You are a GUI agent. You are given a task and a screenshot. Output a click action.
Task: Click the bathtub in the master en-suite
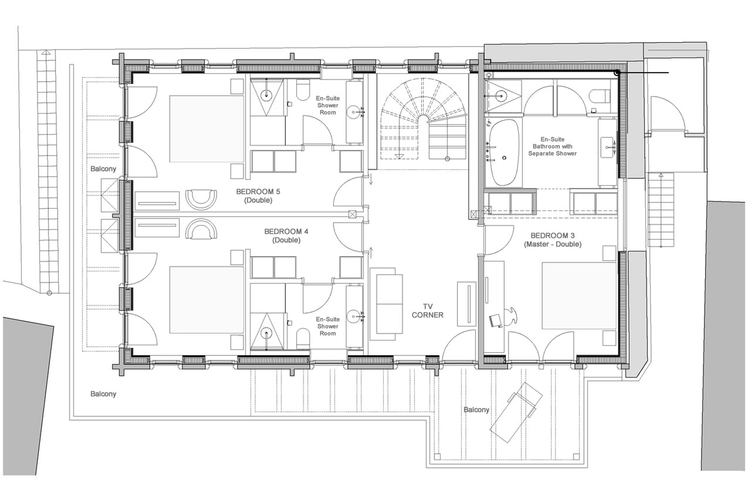point(504,152)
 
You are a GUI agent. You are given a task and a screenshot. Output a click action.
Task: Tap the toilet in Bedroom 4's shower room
point(303,339)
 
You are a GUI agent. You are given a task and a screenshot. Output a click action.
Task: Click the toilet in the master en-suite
point(599,96)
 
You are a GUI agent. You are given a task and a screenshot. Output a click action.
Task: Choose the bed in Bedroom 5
point(207,129)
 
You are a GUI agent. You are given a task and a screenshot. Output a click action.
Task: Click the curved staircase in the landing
point(423,120)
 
